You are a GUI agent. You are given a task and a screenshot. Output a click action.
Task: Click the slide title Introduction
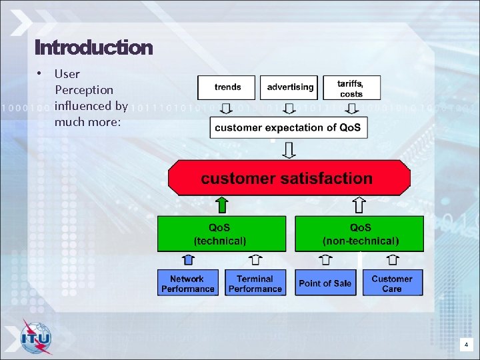pyautogui.click(x=93, y=48)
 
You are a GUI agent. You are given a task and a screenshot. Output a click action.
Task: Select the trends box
pyautogui.click(x=227, y=87)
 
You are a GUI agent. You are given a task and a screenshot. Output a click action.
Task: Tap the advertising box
pyautogui.click(x=289, y=87)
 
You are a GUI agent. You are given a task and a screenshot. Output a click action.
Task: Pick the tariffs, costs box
pyautogui.click(x=351, y=87)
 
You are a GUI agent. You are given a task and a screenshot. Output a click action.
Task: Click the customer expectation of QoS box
pyautogui.click(x=289, y=128)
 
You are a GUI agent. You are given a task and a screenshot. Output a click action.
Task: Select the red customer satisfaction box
pyautogui.click(x=289, y=178)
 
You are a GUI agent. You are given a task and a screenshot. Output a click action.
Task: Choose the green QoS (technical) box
pyautogui.click(x=221, y=233)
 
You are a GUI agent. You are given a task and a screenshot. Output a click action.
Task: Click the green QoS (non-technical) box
pyautogui.click(x=359, y=233)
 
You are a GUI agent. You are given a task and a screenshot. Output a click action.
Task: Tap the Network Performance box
pyautogui.click(x=187, y=283)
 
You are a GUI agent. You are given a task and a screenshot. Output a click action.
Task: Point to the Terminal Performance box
pyautogui.click(x=255, y=283)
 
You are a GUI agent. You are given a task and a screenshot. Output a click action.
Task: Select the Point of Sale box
pyautogui.click(x=325, y=283)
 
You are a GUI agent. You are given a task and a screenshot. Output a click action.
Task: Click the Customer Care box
pyautogui.click(x=392, y=283)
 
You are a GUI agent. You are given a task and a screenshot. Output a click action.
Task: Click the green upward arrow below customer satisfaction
pyautogui.click(x=222, y=205)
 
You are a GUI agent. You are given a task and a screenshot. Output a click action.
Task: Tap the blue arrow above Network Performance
pyautogui.click(x=188, y=260)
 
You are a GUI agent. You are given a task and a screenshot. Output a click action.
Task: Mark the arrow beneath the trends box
pyautogui.click(x=227, y=109)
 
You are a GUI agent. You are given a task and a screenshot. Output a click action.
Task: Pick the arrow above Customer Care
pyautogui.click(x=392, y=260)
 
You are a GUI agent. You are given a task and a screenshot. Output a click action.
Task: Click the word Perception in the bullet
pyautogui.click(x=84, y=89)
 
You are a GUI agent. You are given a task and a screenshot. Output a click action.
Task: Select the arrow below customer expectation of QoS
pyautogui.click(x=289, y=151)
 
